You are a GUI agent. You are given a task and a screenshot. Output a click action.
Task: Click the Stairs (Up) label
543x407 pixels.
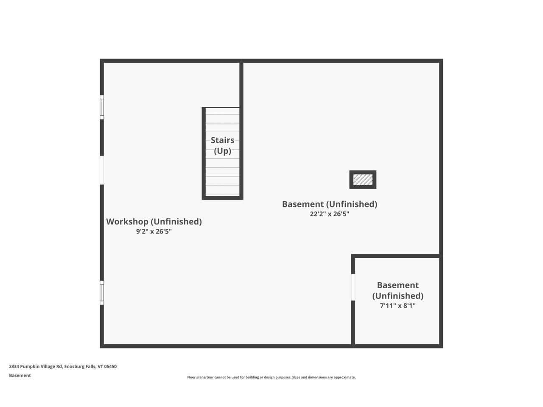(222, 145)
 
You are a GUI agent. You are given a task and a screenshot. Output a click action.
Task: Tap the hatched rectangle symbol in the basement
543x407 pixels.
(363, 179)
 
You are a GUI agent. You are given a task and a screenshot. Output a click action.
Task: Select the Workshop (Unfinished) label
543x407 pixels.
(154, 221)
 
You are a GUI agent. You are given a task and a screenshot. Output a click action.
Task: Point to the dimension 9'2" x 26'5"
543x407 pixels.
(154, 231)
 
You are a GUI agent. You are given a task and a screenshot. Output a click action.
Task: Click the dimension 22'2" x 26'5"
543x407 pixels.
(329, 214)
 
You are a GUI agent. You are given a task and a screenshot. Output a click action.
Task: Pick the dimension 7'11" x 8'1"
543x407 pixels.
(397, 306)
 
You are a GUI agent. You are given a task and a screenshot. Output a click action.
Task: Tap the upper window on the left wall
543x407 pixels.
(102, 107)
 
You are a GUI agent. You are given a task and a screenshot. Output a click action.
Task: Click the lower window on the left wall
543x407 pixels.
(102, 293)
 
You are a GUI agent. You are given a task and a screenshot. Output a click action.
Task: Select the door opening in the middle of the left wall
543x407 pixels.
(102, 170)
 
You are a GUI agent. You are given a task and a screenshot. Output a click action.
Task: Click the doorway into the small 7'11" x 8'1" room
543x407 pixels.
(353, 287)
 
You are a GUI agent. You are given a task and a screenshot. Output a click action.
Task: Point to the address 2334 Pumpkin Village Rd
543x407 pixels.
(36, 366)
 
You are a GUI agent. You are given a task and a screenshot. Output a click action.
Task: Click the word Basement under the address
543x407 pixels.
(20, 376)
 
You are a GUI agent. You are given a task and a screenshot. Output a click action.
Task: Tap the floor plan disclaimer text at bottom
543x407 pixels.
(271, 377)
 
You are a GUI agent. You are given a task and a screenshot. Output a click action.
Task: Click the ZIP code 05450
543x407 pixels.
(110, 366)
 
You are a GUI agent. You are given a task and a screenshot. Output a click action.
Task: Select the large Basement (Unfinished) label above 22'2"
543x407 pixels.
(329, 204)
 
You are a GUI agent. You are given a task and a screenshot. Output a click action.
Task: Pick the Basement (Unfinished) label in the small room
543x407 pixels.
(397, 290)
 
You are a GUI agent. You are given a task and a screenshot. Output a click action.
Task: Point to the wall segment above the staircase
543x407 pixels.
(241, 85)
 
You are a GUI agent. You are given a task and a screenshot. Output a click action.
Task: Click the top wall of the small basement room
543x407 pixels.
(397, 256)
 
